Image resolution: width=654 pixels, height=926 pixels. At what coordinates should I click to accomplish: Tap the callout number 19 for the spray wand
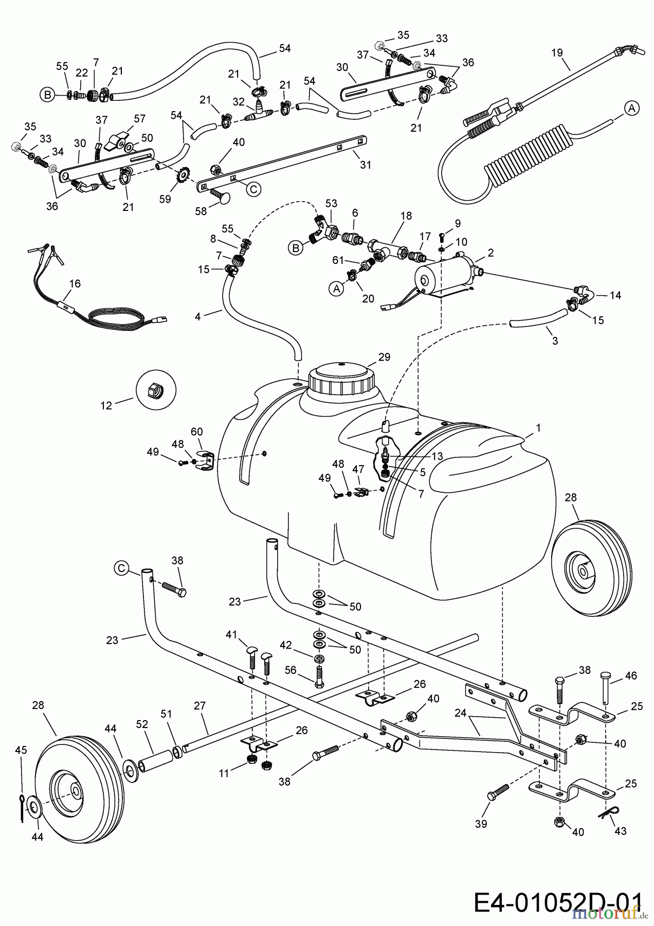click(557, 52)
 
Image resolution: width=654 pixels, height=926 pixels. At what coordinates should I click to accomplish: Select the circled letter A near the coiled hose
click(632, 108)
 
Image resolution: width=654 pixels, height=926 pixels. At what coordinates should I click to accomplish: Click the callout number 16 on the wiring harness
click(75, 283)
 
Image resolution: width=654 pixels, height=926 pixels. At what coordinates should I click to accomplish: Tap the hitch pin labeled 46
click(607, 687)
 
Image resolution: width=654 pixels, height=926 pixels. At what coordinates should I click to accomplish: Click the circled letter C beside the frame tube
click(121, 567)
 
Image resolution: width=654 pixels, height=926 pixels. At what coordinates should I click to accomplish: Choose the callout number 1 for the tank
click(538, 428)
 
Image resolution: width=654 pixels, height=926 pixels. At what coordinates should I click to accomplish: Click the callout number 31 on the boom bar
click(366, 165)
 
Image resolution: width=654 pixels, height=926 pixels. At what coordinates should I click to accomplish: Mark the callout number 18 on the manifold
click(406, 216)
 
